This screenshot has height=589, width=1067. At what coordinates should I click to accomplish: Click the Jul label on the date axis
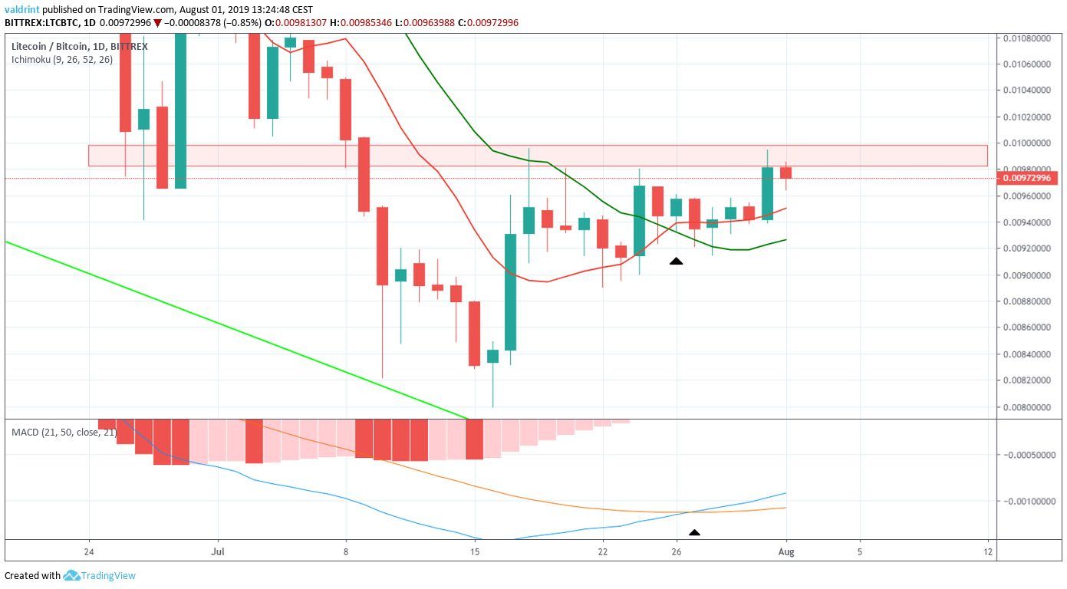(219, 551)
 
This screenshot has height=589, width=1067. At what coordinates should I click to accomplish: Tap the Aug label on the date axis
(786, 551)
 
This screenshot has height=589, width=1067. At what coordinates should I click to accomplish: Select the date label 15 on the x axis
(475, 551)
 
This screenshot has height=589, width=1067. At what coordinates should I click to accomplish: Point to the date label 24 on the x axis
(90, 551)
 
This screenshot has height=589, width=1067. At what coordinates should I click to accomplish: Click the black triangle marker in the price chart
(676, 262)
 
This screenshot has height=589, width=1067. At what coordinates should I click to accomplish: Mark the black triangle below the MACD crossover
(694, 532)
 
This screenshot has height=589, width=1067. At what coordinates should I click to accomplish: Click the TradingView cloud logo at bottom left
(72, 575)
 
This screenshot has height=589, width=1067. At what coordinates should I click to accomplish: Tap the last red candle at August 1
(785, 173)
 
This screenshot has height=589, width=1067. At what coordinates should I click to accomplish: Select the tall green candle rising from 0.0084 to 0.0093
(511, 291)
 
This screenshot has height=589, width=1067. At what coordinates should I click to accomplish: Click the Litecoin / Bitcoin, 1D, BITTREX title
(80, 47)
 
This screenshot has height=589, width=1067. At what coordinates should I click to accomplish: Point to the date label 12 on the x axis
(988, 551)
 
